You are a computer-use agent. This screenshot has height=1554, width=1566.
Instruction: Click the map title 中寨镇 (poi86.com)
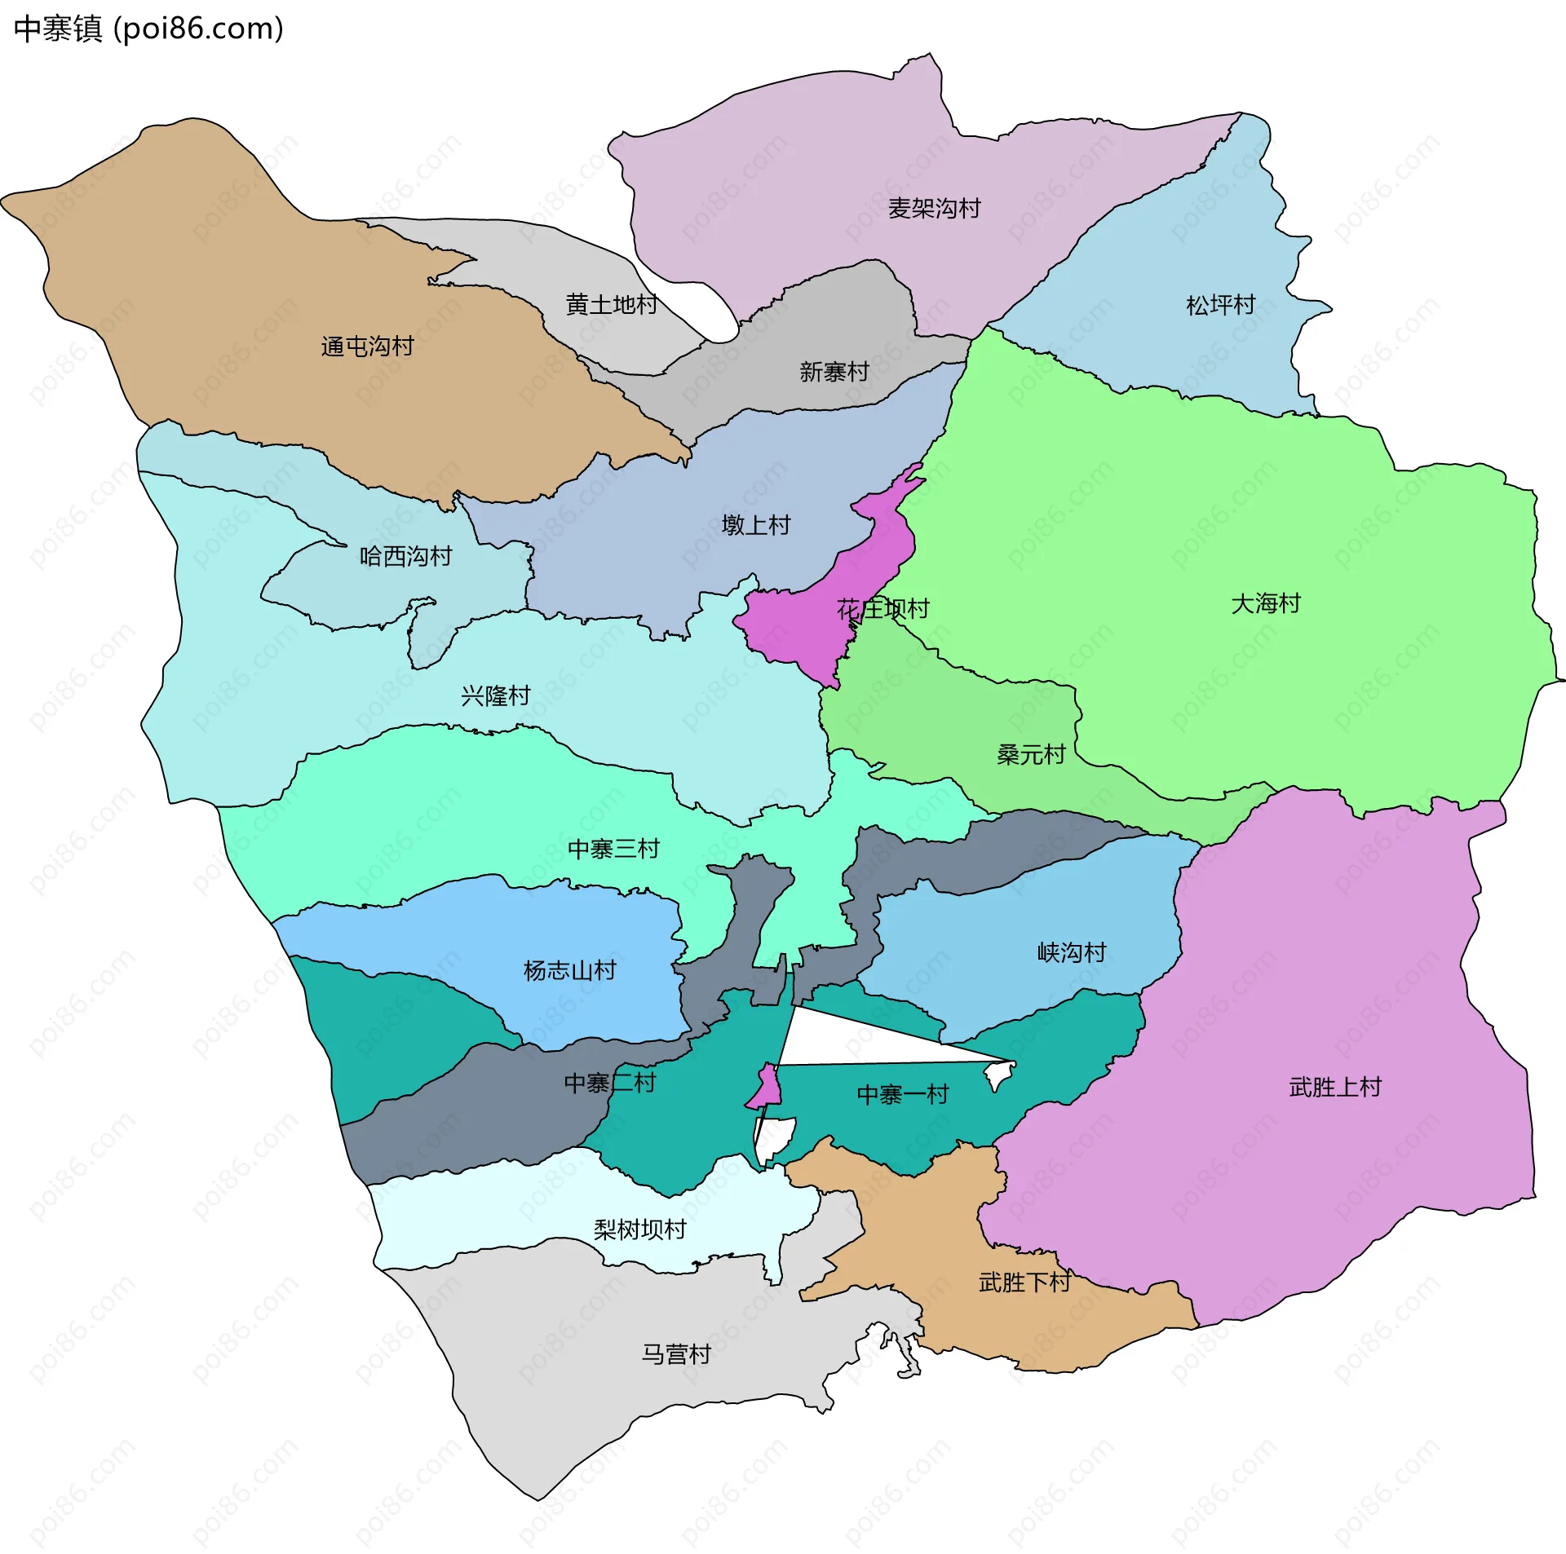[148, 29]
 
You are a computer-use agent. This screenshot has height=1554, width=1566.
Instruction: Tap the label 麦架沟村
[934, 209]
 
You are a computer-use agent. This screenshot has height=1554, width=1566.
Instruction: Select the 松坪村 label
[1220, 305]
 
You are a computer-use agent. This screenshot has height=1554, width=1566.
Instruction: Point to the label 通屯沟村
[367, 347]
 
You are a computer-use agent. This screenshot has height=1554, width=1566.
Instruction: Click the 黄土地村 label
[612, 305]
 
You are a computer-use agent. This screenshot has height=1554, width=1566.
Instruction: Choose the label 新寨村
[834, 373]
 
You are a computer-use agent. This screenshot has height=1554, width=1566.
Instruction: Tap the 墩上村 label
[756, 525]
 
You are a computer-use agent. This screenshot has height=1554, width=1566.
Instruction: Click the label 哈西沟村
[405, 557]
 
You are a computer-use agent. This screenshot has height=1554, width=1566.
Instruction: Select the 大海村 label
[1265, 604]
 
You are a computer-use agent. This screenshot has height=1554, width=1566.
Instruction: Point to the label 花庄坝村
[883, 609]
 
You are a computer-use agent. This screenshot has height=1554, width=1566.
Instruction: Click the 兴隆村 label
[495, 696]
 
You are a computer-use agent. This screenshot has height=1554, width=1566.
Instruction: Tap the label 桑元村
[1031, 755]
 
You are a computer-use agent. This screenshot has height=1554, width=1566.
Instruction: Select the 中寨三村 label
[613, 850]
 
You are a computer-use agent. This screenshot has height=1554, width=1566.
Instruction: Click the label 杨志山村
[569, 971]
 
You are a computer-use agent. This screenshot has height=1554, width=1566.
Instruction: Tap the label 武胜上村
[1335, 1088]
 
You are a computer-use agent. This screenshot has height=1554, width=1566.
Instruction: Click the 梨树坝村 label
[639, 1230]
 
